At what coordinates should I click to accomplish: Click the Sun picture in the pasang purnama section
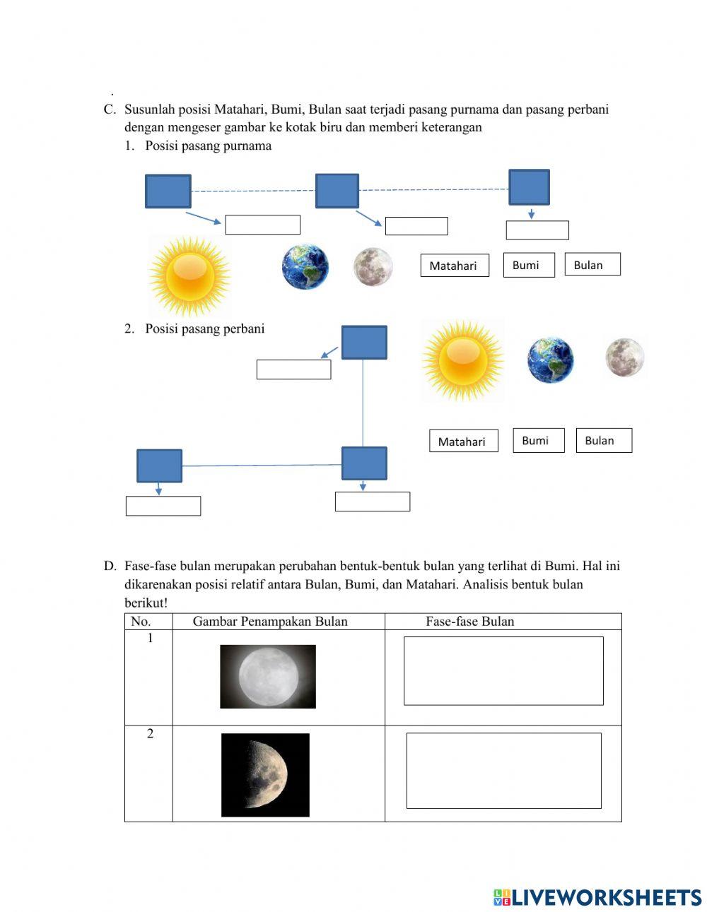[x=189, y=276]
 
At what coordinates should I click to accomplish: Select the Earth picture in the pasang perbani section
[x=550, y=360]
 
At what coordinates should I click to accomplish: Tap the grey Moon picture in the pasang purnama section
[x=373, y=267]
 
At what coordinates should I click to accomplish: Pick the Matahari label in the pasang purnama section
[x=454, y=266]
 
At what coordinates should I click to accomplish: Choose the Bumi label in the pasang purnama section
[x=528, y=265]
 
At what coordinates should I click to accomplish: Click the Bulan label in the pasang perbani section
[x=603, y=440]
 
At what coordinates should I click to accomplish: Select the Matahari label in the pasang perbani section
[x=463, y=441]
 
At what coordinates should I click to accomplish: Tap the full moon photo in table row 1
[x=268, y=676]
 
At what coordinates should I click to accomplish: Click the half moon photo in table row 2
[x=265, y=775]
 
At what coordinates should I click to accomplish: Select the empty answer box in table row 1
[x=503, y=670]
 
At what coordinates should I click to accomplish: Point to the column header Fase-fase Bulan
[x=469, y=622]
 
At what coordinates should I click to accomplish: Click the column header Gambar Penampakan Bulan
[x=270, y=622]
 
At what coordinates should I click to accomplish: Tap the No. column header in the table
[x=141, y=622]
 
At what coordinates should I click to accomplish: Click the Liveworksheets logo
[x=597, y=897]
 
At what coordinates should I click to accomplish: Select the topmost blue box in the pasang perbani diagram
[x=364, y=343]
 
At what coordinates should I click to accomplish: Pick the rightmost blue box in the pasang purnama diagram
[x=529, y=187]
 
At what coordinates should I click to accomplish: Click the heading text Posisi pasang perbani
[x=204, y=328]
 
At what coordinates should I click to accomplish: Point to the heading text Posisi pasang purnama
[x=208, y=146]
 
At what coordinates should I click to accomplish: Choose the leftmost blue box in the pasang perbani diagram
[x=159, y=466]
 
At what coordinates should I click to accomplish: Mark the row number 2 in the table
[x=150, y=734]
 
